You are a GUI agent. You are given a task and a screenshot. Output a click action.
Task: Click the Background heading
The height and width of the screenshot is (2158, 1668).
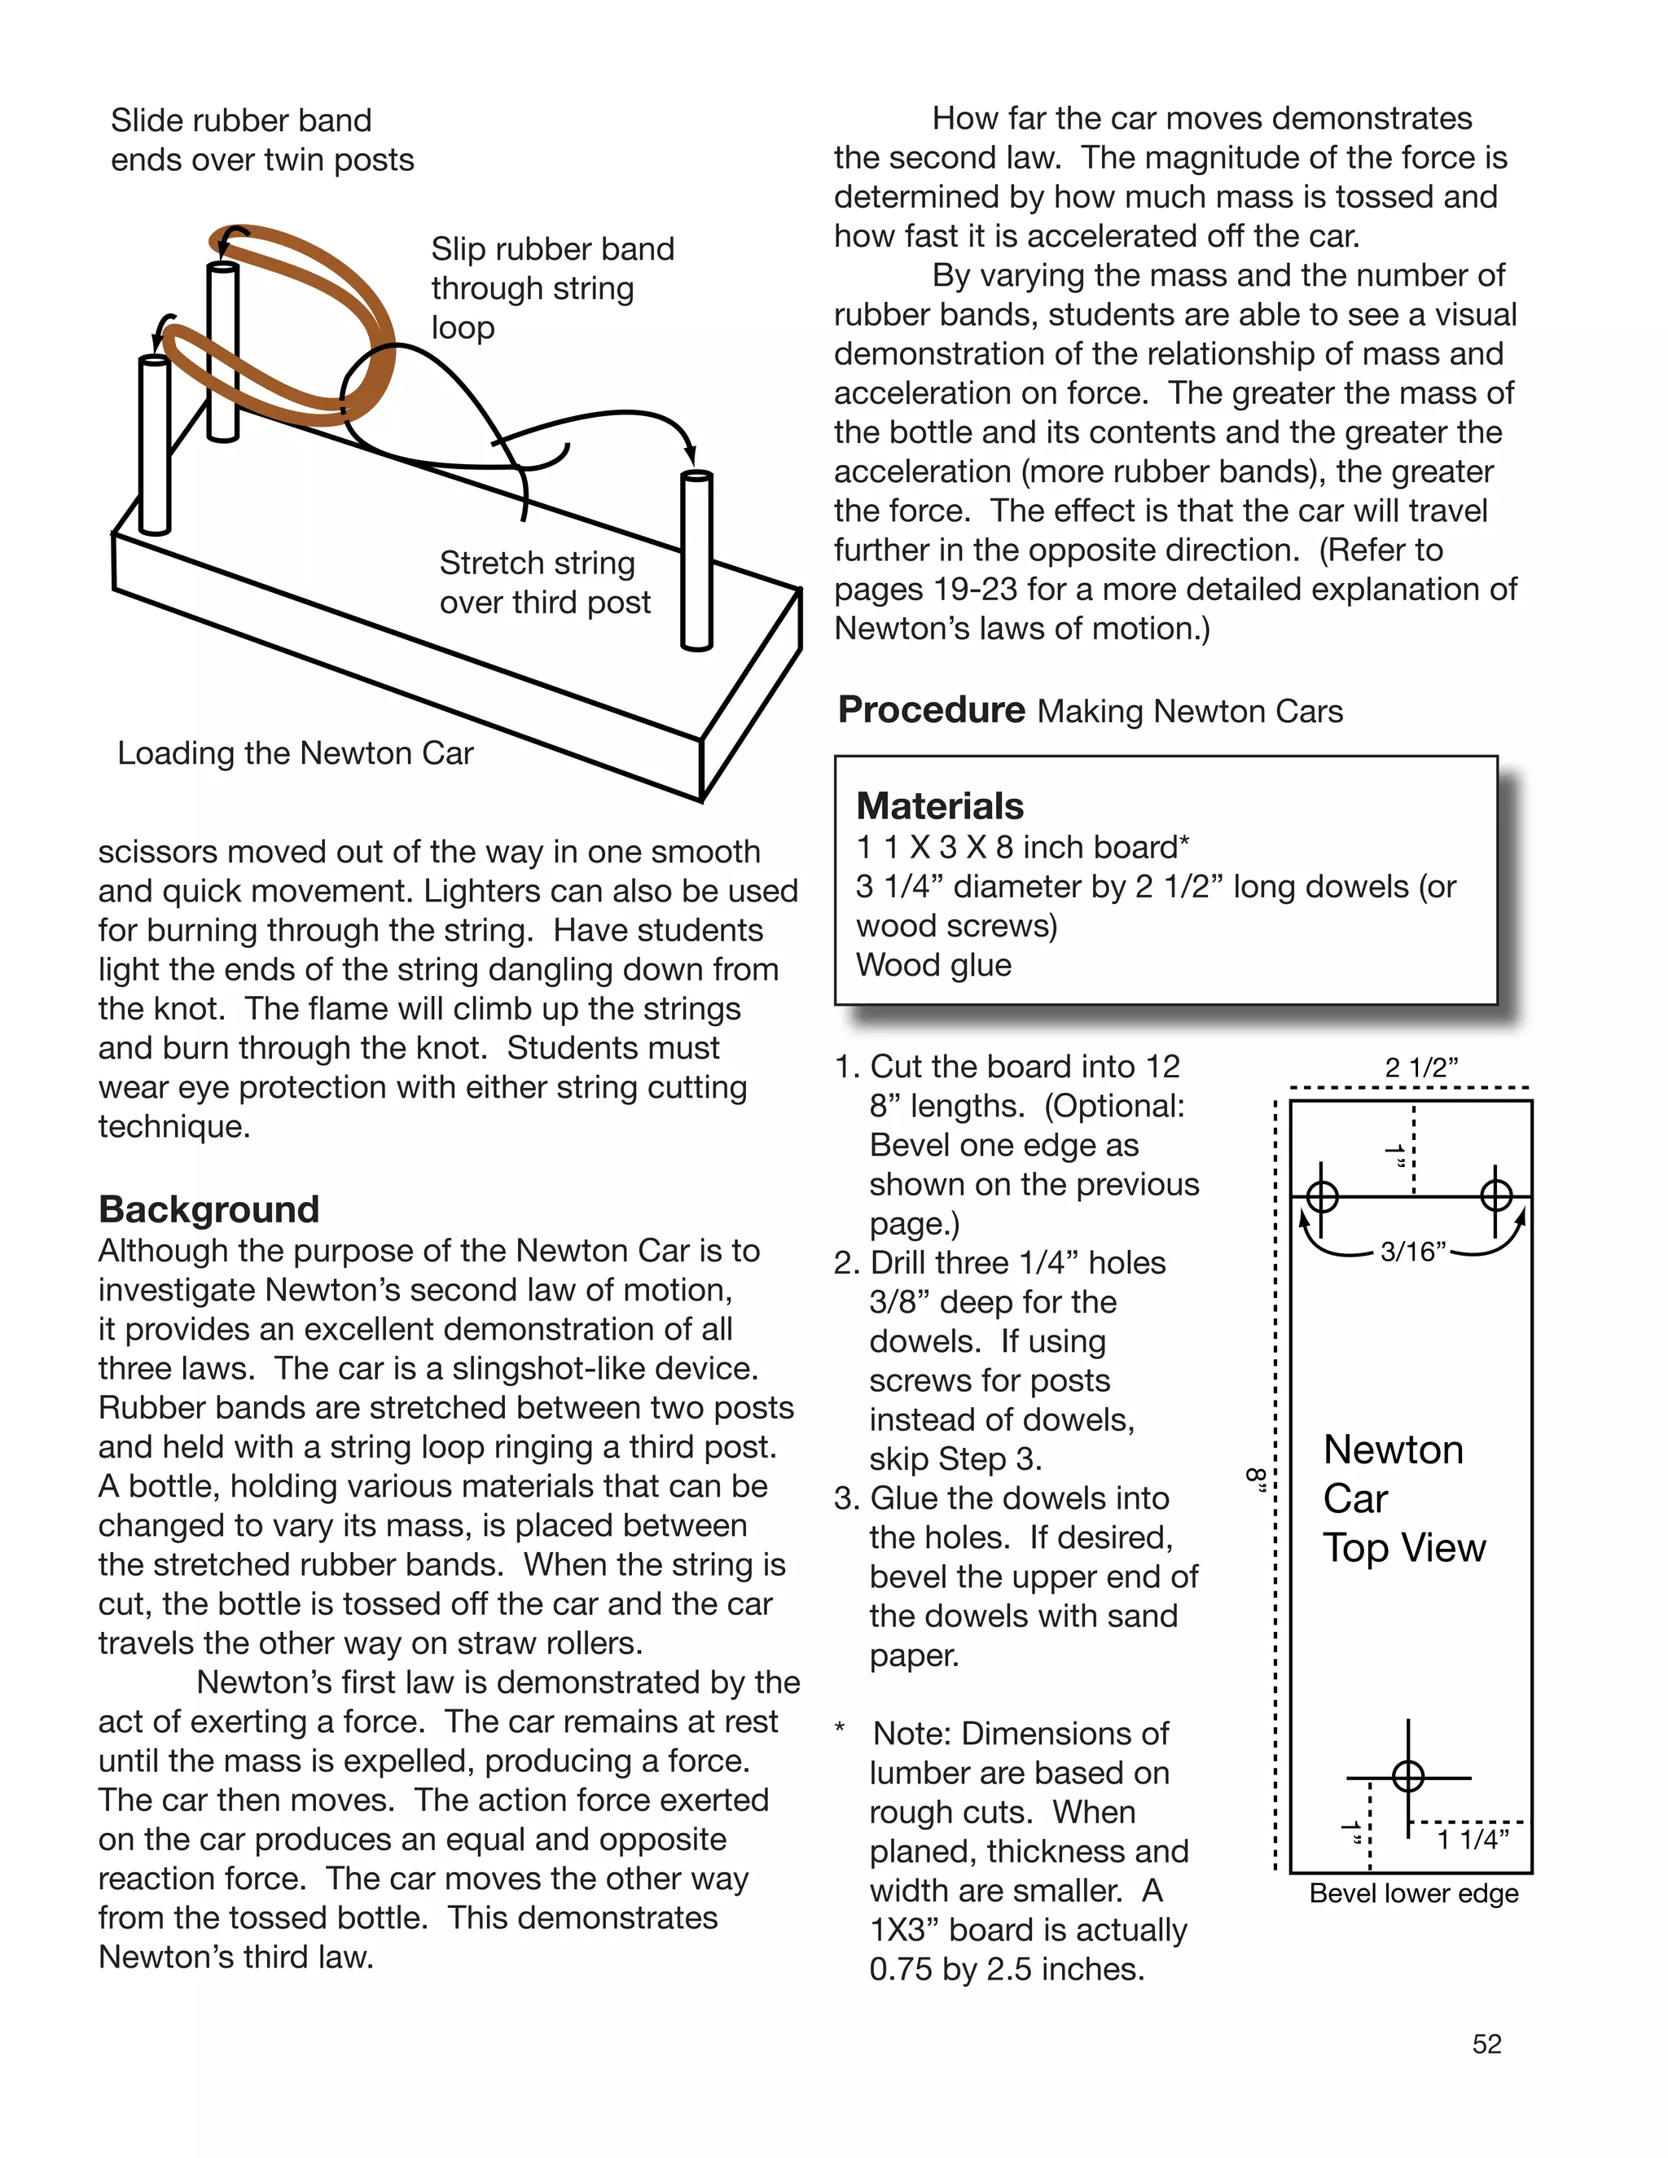point(208,1209)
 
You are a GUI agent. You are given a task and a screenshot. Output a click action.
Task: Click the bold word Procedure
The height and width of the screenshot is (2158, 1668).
point(931,709)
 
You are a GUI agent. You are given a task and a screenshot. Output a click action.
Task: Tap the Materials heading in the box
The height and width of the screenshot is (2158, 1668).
point(939,805)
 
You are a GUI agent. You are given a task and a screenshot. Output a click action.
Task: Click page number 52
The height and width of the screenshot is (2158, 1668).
point(1486,2043)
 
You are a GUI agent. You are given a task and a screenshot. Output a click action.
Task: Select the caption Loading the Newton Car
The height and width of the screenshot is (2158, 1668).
point(296,753)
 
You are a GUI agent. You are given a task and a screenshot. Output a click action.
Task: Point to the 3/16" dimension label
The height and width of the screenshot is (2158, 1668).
point(1412,1252)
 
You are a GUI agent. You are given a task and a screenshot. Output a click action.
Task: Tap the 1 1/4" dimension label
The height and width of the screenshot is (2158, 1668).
point(1473,1839)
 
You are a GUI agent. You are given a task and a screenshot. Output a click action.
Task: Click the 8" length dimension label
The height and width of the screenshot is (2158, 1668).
point(1256,1479)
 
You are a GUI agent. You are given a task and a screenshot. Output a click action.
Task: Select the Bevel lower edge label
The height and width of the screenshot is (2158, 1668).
point(1413,1893)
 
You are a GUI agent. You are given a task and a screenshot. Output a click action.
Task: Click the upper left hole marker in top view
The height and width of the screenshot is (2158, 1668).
point(1322,1196)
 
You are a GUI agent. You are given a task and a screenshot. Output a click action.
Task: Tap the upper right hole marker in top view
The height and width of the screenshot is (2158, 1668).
point(1496,1195)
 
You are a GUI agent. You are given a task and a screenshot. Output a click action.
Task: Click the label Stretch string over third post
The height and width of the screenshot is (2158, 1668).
point(545,582)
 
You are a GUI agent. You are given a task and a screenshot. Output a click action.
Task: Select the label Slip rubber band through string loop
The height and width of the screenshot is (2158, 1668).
point(551,287)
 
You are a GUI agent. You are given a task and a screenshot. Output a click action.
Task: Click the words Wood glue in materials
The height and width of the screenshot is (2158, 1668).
point(934,964)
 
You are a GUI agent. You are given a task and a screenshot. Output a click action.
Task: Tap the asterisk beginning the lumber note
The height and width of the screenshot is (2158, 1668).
point(840,1729)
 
